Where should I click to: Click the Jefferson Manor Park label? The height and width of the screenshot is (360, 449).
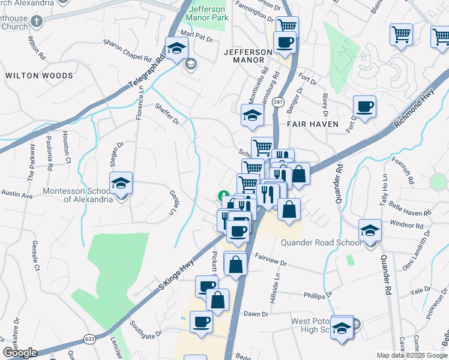coord(208,14)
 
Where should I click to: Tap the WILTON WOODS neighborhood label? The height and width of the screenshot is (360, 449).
coord(39,76)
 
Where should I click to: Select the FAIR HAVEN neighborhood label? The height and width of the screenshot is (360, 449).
coord(312,124)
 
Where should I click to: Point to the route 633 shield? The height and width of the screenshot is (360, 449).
coord(89,339)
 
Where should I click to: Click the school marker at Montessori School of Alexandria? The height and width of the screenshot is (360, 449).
coord(121,184)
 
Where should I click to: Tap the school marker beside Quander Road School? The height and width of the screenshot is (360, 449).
coord(370,230)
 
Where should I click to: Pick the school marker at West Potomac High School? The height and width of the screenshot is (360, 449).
coord(342,327)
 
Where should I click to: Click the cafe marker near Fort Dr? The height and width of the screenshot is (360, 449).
coord(364,107)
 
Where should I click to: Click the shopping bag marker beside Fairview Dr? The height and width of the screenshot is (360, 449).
coord(236,263)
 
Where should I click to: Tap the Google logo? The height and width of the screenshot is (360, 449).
coord(20,353)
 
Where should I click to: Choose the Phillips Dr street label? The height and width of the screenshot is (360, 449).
coord(318,295)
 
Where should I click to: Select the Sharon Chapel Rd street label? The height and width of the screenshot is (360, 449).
coord(127,50)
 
